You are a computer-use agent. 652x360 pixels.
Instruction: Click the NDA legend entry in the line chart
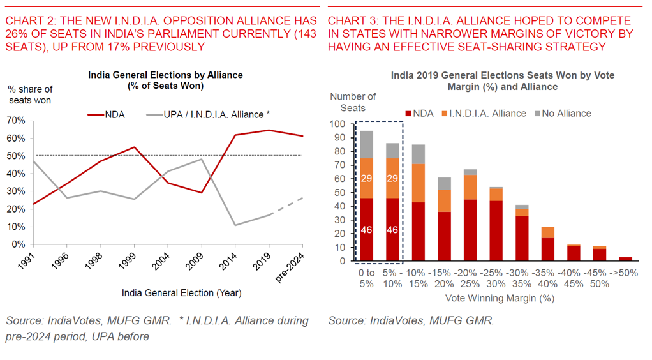coord(106,115)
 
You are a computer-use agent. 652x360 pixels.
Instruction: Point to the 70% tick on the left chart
coord(17,121)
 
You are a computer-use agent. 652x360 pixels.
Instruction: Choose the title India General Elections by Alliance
coord(165,75)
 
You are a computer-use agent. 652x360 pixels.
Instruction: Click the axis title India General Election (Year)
coord(182,293)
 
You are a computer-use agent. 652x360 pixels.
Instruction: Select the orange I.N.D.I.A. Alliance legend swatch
coord(443,114)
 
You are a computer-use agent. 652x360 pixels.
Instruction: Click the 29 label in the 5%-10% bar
coord(392,178)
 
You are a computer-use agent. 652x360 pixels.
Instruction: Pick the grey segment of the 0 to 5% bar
coord(366,144)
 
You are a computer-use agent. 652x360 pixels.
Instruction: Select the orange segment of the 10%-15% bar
coord(419,183)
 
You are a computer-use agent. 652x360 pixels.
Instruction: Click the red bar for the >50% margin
coord(626,259)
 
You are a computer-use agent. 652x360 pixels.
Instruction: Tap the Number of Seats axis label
coord(353,102)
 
